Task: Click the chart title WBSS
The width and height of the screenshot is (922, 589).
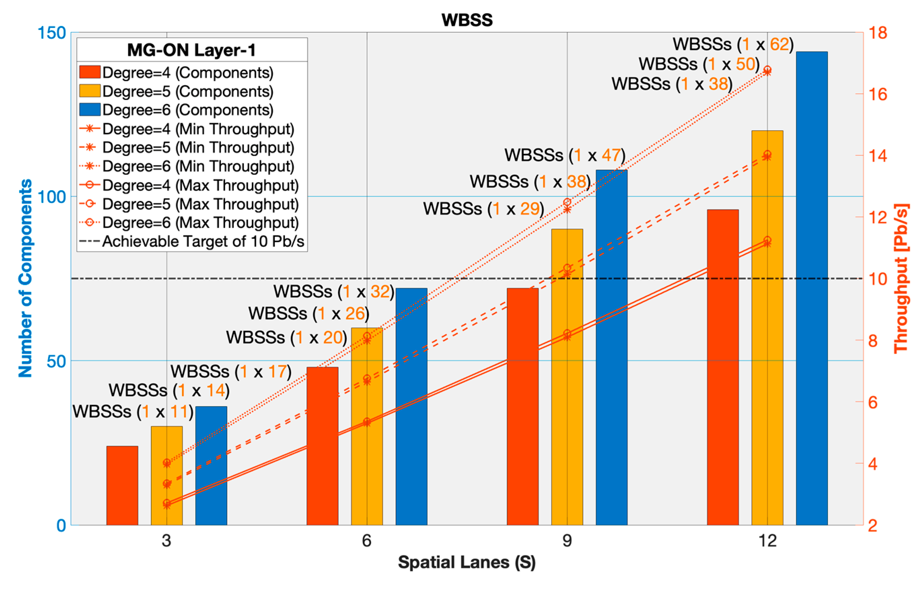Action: [467, 20]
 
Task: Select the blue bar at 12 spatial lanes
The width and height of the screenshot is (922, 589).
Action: [812, 287]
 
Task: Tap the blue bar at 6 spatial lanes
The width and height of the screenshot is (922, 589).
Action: [411, 406]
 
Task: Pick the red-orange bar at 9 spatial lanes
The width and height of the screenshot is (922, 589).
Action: [522, 406]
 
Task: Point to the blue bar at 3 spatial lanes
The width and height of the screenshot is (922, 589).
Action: [211, 465]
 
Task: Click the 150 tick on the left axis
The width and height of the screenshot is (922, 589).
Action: [52, 33]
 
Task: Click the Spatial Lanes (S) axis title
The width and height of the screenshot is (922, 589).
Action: [467, 562]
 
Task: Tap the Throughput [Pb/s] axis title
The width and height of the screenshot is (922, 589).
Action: [900, 278]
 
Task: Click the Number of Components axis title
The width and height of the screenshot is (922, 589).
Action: [25, 278]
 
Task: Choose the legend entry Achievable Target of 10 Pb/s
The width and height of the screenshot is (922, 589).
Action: [203, 241]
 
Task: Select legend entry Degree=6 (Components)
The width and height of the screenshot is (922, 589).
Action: [188, 110]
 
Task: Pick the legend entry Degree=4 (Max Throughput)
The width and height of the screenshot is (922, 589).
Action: [200, 185]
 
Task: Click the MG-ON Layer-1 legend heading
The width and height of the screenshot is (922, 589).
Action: [191, 50]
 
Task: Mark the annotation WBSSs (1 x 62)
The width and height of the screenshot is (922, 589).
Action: [733, 44]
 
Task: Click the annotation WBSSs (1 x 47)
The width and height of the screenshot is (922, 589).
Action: [564, 155]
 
